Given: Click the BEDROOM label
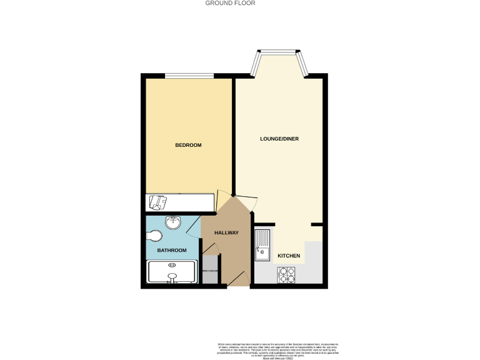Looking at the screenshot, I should tap(188, 145).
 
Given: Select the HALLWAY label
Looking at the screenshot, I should tap(226, 233).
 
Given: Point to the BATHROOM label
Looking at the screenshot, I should tap(172, 251).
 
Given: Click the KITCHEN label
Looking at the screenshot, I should tap(289, 256).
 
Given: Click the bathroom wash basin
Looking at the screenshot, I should tap(173, 222).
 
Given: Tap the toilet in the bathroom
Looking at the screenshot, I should tap(154, 236).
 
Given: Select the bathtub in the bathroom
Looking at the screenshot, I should tap(172, 272).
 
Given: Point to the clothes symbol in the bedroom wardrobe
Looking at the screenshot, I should tap(157, 202).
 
